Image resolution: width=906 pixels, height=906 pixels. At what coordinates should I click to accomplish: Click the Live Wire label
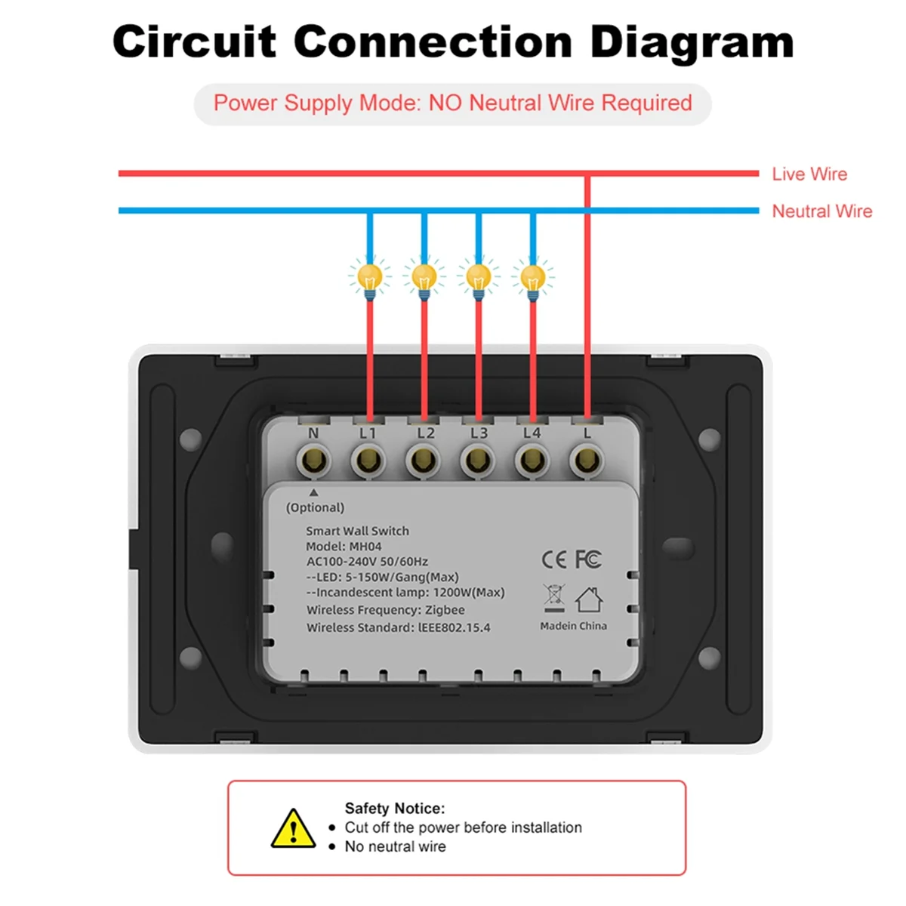pos(809,174)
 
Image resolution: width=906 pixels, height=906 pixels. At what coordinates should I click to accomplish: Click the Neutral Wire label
pos(821,211)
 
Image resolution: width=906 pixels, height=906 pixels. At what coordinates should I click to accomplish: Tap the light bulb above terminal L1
pos(369,278)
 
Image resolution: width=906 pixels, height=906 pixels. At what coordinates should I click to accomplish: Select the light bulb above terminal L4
pos(533,278)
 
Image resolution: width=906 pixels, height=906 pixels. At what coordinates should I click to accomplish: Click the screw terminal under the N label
pos(313,459)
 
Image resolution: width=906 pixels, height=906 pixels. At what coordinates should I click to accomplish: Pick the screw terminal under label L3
pos(477,459)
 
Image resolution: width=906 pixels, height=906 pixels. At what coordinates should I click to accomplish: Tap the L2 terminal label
pos(426,433)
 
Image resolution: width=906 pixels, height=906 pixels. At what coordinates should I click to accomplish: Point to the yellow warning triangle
pos(293,828)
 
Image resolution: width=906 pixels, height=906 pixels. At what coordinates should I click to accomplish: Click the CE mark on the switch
pos(553,559)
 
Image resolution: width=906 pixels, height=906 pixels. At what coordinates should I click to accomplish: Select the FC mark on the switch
pos(588,559)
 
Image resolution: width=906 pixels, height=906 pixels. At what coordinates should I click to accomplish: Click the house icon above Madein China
pos(589,600)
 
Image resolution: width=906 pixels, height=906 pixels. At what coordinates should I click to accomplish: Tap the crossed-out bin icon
pos(553,598)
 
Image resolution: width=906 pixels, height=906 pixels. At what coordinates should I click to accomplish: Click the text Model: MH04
pos(344,547)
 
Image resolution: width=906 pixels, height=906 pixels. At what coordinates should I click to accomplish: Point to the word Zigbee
pos(445,610)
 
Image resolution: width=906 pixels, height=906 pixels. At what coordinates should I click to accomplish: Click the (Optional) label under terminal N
pos(315,508)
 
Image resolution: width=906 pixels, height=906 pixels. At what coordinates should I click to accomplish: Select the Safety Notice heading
pos(395,808)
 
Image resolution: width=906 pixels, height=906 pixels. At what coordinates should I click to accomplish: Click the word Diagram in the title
pos(692,42)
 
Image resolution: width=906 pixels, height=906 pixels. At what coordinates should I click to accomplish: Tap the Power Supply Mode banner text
pos(453,103)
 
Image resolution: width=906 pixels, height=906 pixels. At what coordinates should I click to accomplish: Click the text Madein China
pos(573,626)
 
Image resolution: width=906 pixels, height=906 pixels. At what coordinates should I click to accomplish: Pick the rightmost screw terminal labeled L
pos(587,459)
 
